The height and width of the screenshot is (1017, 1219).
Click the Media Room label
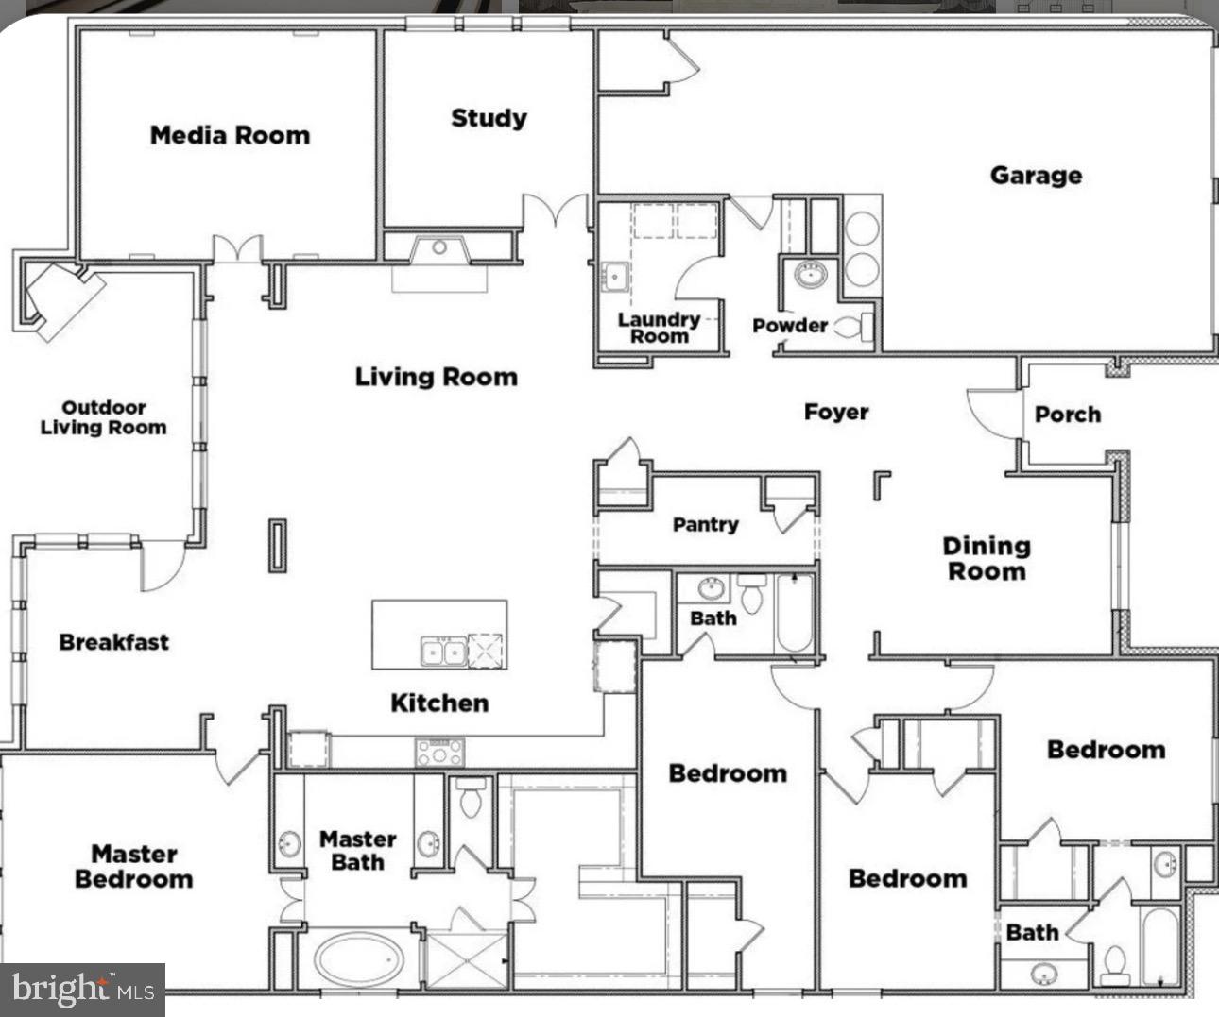coord(230,135)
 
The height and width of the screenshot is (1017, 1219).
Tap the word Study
coord(489,118)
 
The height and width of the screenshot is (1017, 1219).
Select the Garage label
coord(1036,176)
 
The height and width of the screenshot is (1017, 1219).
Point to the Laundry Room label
coord(659,327)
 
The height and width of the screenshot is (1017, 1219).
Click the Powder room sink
coord(811,275)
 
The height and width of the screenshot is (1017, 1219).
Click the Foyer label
coord(836,413)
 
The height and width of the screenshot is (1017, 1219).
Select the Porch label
coord(1067,415)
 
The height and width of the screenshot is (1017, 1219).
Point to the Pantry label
coord(705,524)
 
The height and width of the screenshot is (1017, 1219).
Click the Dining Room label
coord(987,558)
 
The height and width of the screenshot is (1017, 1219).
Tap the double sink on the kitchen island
coord(442,652)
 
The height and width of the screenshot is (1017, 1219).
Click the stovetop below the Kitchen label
coord(440,753)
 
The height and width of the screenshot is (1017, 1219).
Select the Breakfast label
coord(114,642)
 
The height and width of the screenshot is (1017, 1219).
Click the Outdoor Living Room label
coord(103,417)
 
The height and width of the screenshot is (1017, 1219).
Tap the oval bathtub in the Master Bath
coord(359,960)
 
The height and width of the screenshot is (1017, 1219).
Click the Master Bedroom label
coord(133,866)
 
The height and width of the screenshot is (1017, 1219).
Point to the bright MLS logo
coord(83,990)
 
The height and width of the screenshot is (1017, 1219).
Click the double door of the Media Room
coord(236,248)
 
